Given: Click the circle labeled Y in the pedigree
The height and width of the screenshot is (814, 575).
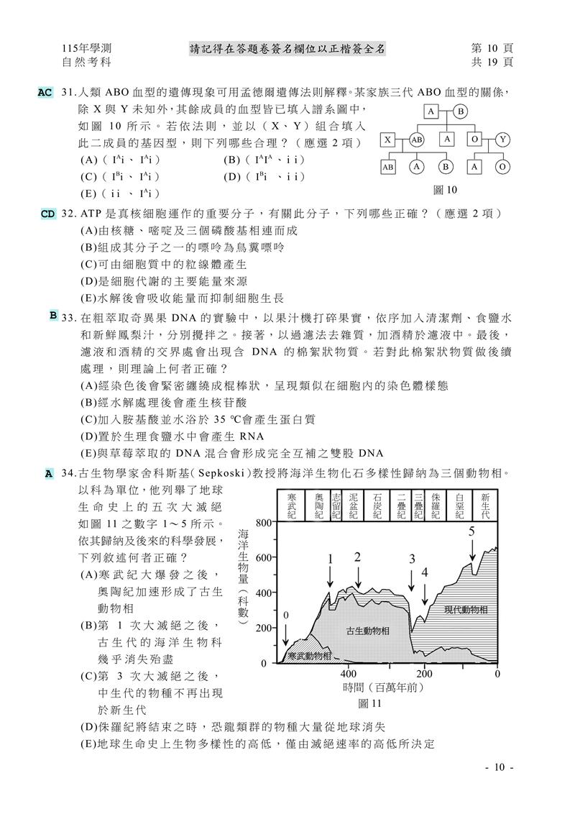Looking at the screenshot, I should click(502, 140).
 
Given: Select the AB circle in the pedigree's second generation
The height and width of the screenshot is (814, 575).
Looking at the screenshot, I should click(417, 140).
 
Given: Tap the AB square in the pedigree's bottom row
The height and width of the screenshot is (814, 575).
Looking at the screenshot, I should click(388, 167).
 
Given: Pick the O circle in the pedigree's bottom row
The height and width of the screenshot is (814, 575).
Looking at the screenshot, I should click(502, 167).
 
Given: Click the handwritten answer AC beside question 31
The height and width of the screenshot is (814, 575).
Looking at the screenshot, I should click(45, 93).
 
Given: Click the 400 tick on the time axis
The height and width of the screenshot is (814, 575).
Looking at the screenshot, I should click(347, 674).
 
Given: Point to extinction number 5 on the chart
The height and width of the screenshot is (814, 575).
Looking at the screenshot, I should click(471, 532).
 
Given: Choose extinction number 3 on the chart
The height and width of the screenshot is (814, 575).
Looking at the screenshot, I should click(413, 559).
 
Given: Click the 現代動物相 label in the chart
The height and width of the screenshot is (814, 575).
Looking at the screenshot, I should click(466, 610).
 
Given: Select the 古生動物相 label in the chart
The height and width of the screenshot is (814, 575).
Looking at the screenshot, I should click(367, 631).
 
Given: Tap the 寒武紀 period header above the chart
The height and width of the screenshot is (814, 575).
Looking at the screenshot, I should click(292, 506).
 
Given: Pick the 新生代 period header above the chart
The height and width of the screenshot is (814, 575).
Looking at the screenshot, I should click(485, 506).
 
